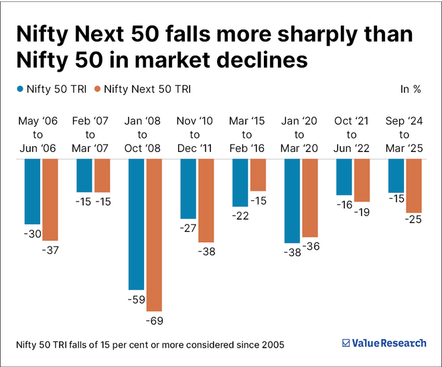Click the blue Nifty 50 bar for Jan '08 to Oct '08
(x=136, y=224)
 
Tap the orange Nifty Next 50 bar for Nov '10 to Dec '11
(x=206, y=200)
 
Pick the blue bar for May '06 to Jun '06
(x=32, y=191)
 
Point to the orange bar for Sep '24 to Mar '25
(x=413, y=186)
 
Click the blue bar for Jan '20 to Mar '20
(x=291, y=200)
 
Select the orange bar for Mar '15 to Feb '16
(x=258, y=175)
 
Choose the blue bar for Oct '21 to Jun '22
(x=344, y=177)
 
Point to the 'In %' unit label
(x=410, y=88)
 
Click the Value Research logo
(x=384, y=343)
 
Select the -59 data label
(x=136, y=299)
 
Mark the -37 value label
(x=50, y=250)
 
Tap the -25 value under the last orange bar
(x=413, y=220)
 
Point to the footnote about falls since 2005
(x=150, y=344)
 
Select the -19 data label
(x=362, y=212)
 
